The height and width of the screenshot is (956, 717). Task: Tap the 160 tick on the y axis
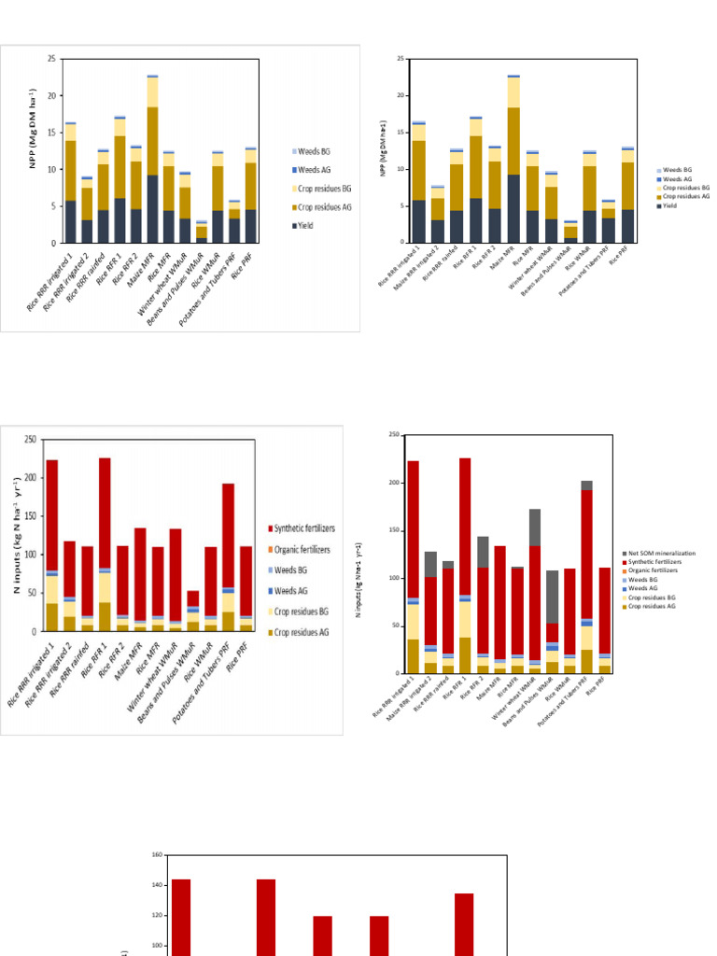[x=157, y=854]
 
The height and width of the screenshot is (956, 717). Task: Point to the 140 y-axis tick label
[x=157, y=885]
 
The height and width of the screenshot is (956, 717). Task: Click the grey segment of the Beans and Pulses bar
[x=553, y=597]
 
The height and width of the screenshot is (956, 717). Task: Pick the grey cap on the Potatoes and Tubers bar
[x=586, y=485]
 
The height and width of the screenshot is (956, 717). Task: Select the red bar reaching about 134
[x=464, y=924]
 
